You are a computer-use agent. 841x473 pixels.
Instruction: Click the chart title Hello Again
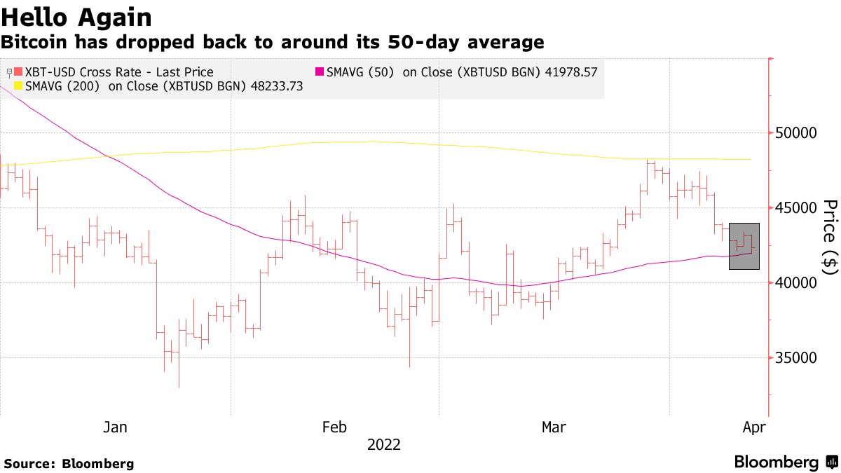tap(76, 16)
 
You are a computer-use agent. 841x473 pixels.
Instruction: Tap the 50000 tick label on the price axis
tap(795, 133)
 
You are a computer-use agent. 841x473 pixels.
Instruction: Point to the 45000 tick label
tap(795, 208)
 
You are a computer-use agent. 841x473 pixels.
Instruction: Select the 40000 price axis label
tap(795, 283)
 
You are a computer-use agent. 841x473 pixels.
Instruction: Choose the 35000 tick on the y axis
tap(795, 358)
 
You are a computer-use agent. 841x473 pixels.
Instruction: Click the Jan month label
tap(115, 427)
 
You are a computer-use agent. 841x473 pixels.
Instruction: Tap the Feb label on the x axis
tap(334, 427)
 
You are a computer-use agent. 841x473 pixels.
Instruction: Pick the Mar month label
tap(554, 427)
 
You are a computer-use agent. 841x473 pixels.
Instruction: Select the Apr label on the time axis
tap(754, 427)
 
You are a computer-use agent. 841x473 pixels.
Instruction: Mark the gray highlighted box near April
tap(744, 246)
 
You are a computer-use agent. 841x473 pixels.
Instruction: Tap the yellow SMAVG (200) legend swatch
tap(19, 87)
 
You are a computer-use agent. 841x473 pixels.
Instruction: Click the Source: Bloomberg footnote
tap(69, 464)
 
